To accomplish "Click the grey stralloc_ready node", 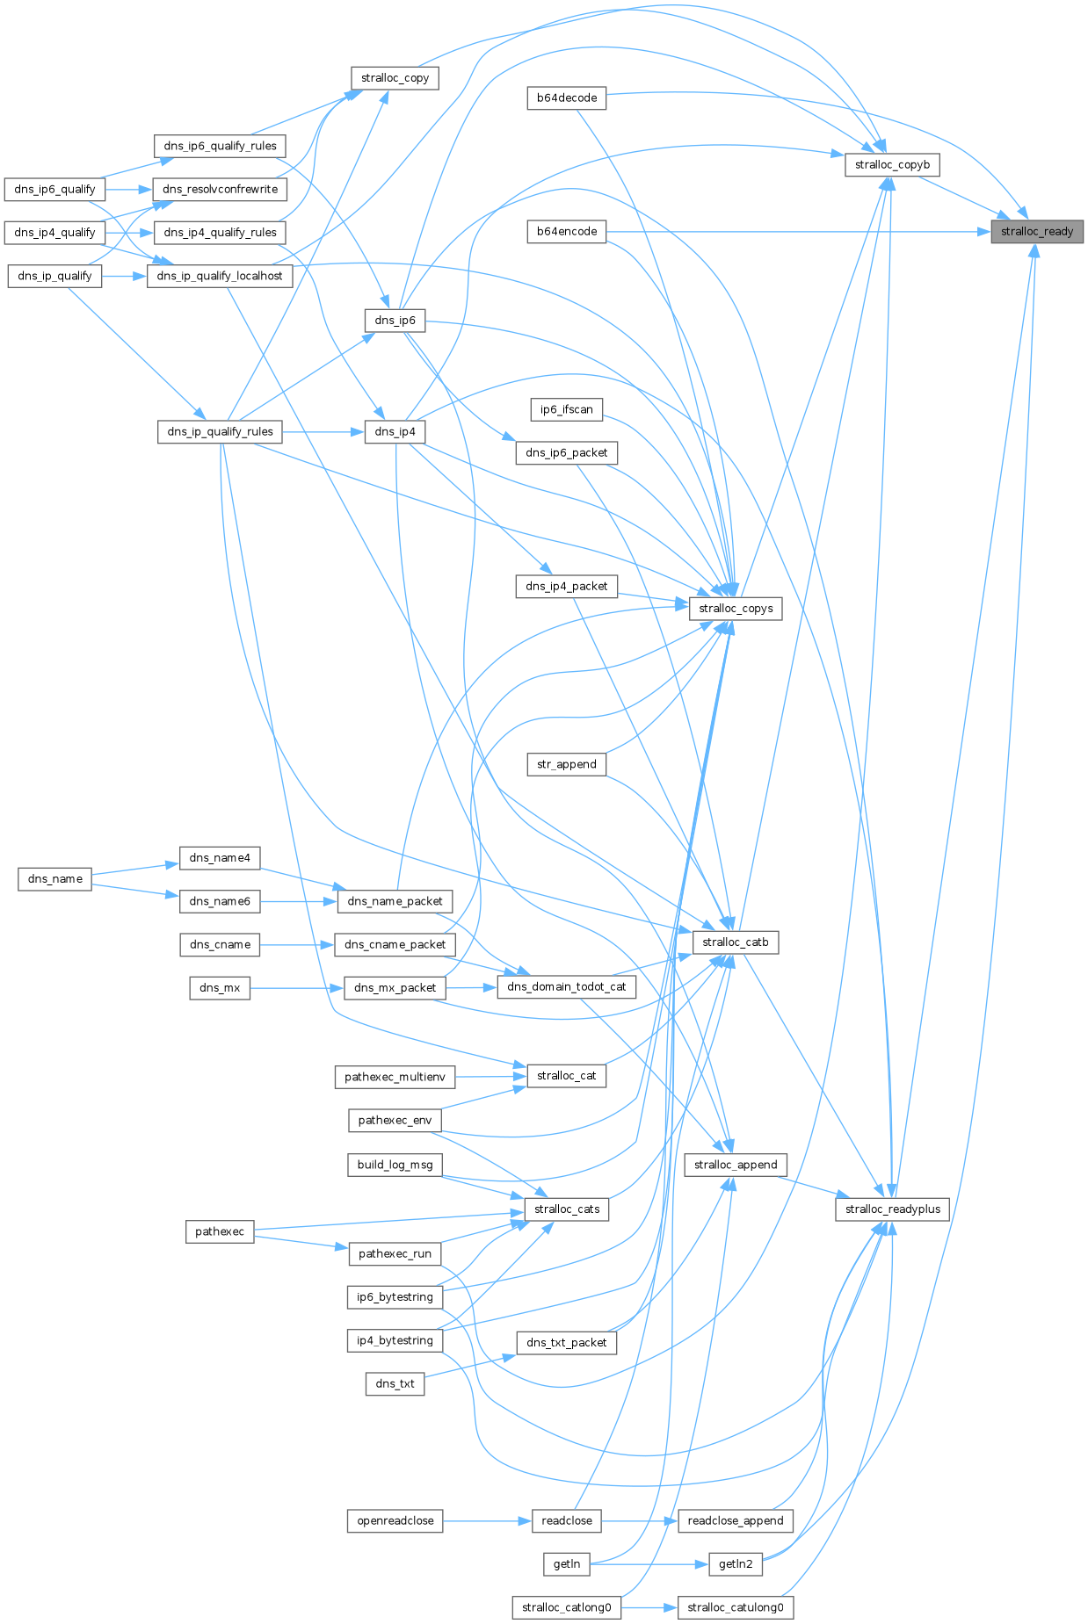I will pos(1037,232).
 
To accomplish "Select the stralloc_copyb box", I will pos(892,164).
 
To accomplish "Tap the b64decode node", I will pos(567,97).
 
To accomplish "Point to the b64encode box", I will pos(567,232).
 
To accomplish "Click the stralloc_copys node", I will pos(736,608).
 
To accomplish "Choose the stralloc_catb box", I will pos(736,942).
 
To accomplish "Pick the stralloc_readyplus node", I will pos(892,1209).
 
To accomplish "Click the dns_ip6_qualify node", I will pos(54,189).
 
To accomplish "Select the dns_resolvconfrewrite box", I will pos(220,189).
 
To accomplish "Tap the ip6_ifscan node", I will pos(567,409).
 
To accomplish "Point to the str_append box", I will pos(567,764).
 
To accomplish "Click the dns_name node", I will pos(54,878).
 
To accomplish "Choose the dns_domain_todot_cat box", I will pos(567,986).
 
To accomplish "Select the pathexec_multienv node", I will pos(395,1077).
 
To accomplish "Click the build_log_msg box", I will pos(395,1165).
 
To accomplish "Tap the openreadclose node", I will pos(395,1520).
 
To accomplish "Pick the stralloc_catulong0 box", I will pos(736,1607).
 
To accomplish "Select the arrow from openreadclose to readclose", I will pos(488,1520).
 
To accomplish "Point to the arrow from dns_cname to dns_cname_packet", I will pos(297,945).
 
